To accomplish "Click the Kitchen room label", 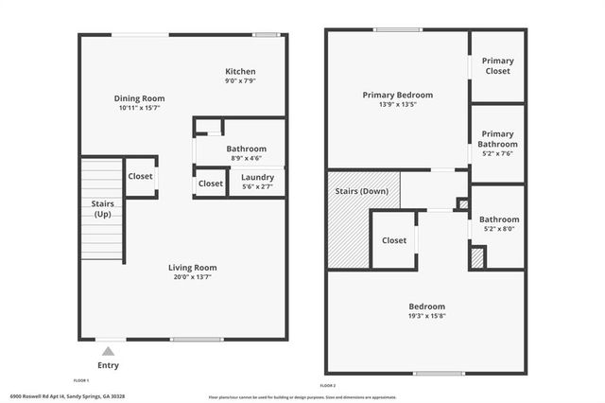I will point(240,72).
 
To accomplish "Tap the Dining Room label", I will point(140,98).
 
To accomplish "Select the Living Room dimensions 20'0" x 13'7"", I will point(193,278).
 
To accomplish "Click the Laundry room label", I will point(257,177).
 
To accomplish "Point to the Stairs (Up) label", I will point(102,209).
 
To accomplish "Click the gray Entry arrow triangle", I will point(108,351).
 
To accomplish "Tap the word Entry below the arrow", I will point(109,365).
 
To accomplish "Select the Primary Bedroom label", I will point(398,95).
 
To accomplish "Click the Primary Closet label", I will point(498,64).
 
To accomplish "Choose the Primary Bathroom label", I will point(498,139).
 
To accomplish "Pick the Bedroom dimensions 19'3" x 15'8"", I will point(426,318).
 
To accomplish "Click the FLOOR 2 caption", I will point(328,386).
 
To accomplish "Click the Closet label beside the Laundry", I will point(210,184).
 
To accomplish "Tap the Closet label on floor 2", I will point(394,240).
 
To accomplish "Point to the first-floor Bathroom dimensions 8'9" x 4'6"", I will point(246,159).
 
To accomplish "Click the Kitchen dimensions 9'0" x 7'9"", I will point(240,81).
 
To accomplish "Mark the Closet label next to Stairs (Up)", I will point(140,176).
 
